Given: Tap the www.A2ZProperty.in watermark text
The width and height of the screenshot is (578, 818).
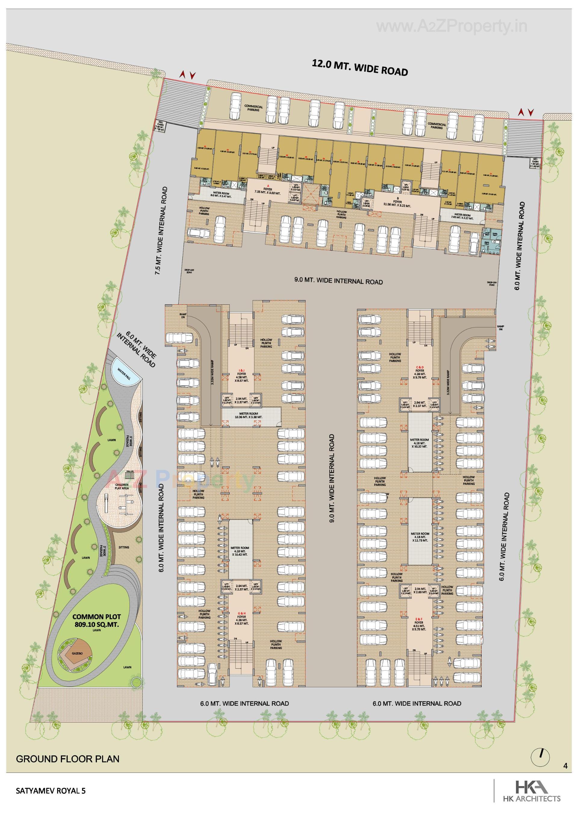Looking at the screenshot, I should [x=452, y=26].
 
